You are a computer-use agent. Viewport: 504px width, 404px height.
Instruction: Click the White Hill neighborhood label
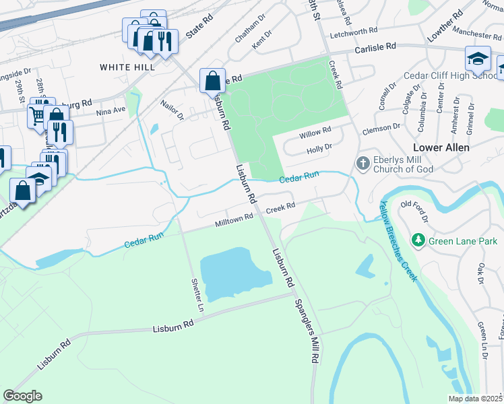click(x=127, y=67)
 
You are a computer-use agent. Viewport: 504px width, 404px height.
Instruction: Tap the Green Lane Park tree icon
click(x=418, y=240)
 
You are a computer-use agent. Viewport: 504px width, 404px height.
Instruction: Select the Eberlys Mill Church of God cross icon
click(x=363, y=163)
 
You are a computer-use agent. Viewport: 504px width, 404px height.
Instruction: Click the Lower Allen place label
click(x=441, y=147)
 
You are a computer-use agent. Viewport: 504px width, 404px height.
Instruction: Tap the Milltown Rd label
click(x=234, y=220)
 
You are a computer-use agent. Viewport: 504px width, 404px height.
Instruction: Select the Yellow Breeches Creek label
click(x=397, y=240)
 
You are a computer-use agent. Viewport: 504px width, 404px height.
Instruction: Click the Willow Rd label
click(x=317, y=131)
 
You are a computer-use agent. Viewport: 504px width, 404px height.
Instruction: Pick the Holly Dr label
click(x=319, y=147)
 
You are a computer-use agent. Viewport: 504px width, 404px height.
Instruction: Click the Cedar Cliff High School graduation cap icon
click(x=478, y=59)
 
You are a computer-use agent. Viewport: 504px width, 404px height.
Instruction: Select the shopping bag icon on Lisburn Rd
click(x=212, y=80)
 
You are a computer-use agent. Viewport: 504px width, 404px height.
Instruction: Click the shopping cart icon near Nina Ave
click(x=36, y=116)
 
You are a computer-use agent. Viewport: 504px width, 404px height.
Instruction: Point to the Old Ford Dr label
click(x=414, y=211)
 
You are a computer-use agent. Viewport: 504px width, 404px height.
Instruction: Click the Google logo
click(x=22, y=396)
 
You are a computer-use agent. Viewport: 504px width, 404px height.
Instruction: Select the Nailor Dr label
click(x=172, y=110)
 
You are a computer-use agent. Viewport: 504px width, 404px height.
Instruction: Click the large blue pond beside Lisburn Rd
click(x=228, y=273)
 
